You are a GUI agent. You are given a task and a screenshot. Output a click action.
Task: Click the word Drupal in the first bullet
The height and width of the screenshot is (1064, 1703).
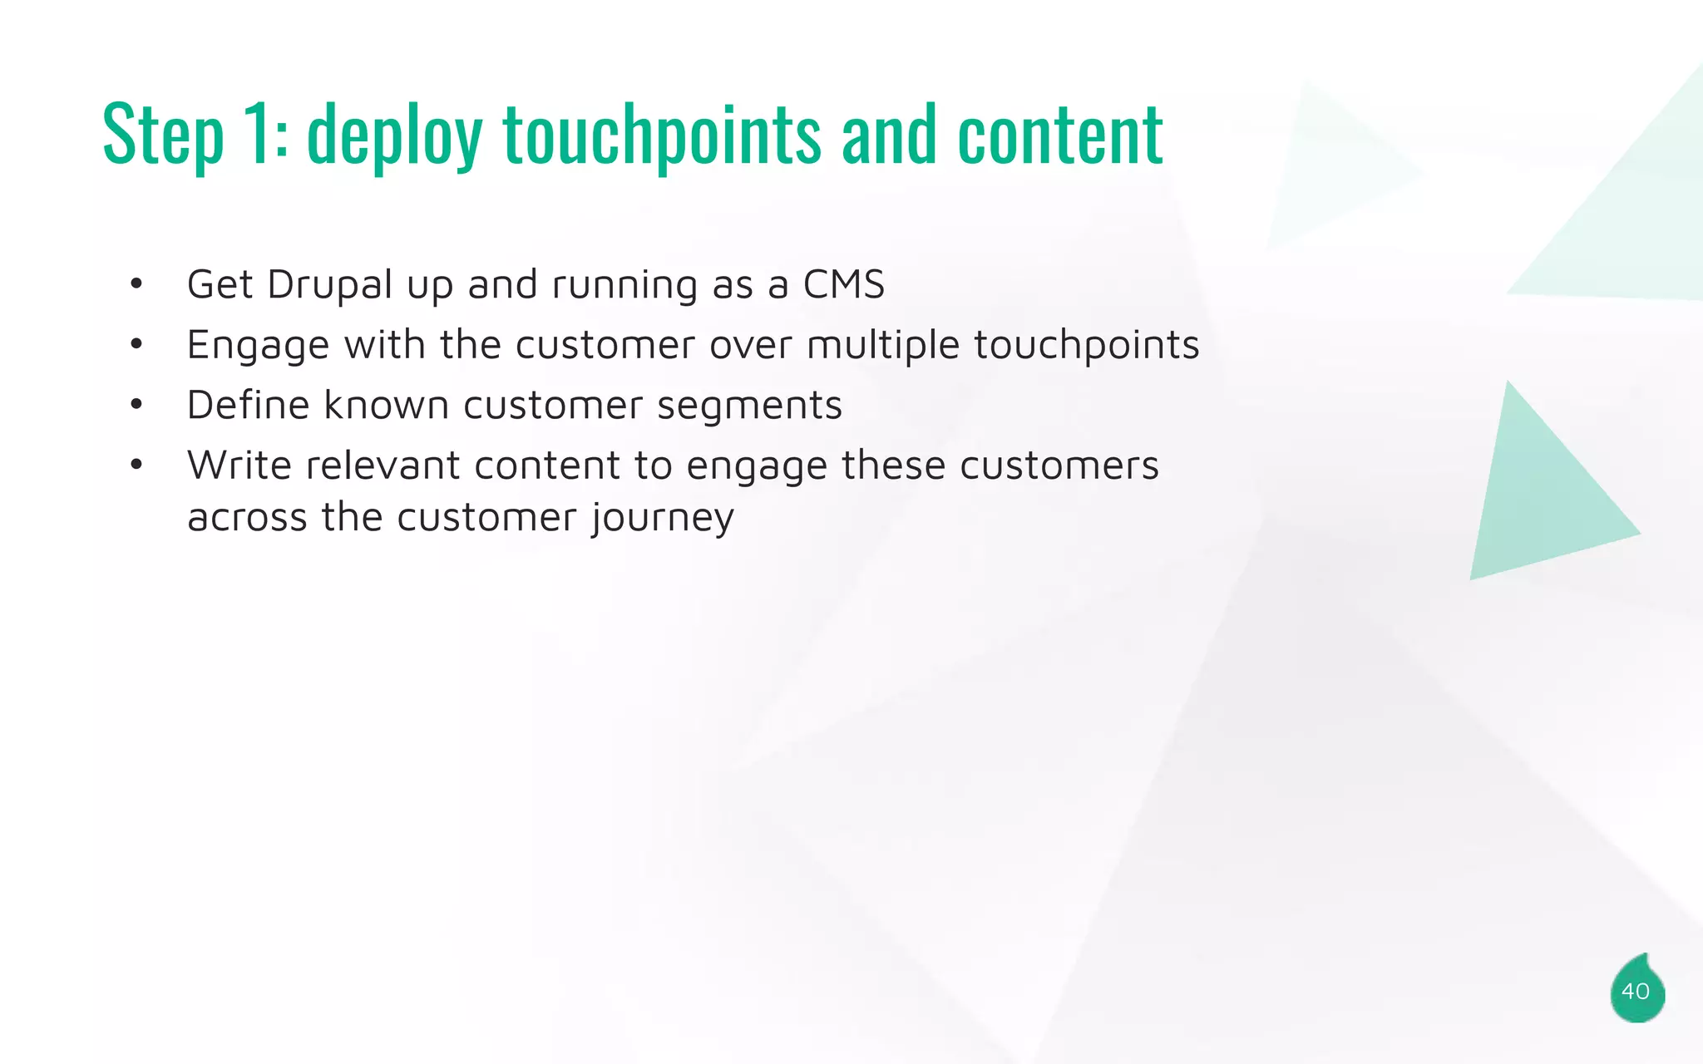coord(329,285)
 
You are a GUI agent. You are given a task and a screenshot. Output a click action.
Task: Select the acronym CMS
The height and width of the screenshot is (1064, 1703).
coord(843,285)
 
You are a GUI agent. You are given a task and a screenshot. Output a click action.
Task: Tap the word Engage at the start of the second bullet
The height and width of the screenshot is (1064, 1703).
coord(258,346)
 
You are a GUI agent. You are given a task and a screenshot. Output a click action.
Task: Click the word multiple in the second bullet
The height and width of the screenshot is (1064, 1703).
coord(882,346)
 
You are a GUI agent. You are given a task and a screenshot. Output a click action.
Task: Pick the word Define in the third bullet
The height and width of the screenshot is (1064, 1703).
coord(248,406)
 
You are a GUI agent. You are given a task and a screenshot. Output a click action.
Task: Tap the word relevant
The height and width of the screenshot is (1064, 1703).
coord(383,465)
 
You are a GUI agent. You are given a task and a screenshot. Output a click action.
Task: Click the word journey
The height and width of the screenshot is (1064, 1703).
coord(663,519)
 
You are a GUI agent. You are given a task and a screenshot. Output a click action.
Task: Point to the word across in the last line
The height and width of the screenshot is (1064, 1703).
coord(247,519)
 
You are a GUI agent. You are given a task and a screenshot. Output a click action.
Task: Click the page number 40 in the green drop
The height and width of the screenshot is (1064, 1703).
coord(1635,992)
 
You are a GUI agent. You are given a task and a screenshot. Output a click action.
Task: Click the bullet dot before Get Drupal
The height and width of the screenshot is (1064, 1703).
coord(136,285)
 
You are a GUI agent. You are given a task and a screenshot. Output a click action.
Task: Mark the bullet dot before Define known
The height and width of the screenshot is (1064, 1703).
coord(136,406)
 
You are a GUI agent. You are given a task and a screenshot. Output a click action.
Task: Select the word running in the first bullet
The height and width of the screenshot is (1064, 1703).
coord(624,285)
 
